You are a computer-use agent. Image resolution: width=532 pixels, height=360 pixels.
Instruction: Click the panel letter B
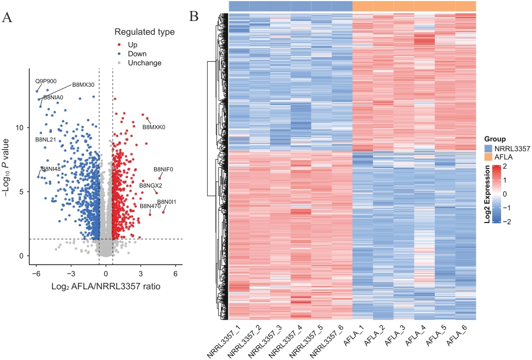click(194, 17)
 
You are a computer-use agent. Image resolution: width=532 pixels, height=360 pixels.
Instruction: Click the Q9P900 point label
click(46, 81)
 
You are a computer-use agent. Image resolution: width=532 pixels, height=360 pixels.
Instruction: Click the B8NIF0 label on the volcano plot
click(164, 169)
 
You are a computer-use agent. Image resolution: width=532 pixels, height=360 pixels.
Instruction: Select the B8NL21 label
click(46, 140)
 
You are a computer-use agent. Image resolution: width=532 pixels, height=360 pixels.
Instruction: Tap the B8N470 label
click(150, 206)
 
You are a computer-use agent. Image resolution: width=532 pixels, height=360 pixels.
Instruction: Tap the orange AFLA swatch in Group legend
click(489, 157)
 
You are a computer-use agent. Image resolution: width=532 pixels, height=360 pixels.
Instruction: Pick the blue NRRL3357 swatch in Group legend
click(489, 149)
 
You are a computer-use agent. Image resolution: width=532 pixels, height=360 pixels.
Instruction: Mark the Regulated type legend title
click(144, 33)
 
